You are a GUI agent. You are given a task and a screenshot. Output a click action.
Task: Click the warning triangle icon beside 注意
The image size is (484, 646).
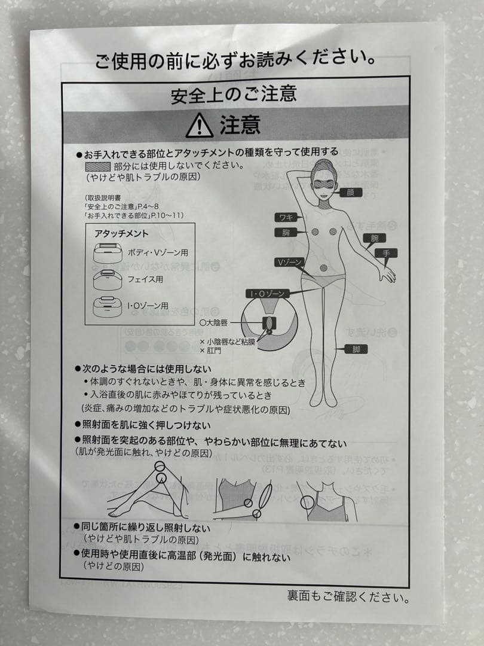(x=199, y=126)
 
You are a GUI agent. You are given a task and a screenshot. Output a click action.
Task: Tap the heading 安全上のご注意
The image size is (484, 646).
(x=234, y=95)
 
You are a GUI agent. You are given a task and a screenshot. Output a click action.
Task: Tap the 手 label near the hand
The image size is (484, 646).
(x=387, y=253)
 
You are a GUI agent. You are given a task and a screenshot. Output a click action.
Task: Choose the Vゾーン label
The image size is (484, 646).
(x=290, y=263)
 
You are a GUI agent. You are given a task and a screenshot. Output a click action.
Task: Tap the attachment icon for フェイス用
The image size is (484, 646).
(x=107, y=279)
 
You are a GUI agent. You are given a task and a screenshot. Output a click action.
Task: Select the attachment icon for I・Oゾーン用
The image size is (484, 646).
(x=107, y=306)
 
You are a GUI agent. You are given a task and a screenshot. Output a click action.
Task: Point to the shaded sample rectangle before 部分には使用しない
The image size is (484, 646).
(x=97, y=167)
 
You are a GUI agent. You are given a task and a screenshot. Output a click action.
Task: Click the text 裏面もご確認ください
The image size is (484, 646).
(x=348, y=596)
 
